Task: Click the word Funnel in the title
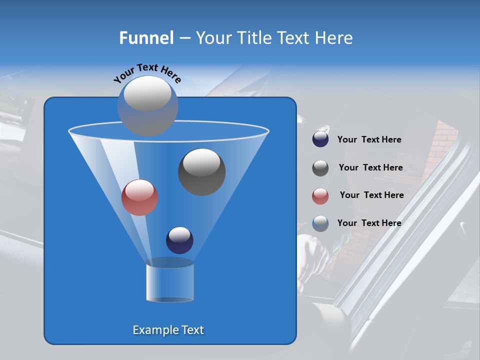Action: click(146, 38)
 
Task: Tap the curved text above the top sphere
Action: click(147, 72)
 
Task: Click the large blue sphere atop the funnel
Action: click(147, 105)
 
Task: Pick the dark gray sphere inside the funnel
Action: click(201, 171)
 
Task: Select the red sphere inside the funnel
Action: click(139, 197)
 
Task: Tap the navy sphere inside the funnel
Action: click(179, 240)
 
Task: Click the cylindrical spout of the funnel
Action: click(170, 282)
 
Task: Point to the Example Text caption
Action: click(168, 330)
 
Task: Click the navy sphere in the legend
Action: click(320, 139)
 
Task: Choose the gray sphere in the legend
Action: click(320, 168)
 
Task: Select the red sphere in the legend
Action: click(320, 196)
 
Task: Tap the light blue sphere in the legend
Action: click(320, 223)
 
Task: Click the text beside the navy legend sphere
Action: click(369, 140)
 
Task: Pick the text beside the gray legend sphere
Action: click(370, 168)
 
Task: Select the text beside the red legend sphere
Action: click(371, 195)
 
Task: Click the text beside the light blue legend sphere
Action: click(369, 223)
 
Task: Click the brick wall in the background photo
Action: click(440, 145)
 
